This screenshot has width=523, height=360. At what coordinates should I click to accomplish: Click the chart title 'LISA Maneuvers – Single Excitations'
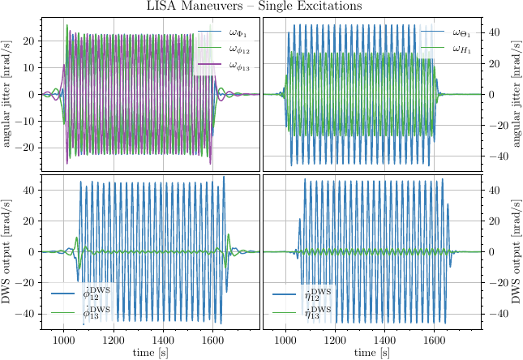pyautogui.click(x=261, y=7)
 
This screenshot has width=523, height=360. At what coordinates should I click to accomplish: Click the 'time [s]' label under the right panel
pyautogui.click(x=371, y=353)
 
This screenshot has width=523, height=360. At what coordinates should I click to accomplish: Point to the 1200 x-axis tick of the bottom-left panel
pyautogui.click(x=114, y=341)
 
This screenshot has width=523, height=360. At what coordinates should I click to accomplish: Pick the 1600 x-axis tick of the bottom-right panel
pyautogui.click(x=434, y=341)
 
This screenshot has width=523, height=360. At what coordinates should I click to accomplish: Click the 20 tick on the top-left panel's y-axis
pyautogui.click(x=31, y=41)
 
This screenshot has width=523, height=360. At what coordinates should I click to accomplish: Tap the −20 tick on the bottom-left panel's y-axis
pyautogui.click(x=28, y=283)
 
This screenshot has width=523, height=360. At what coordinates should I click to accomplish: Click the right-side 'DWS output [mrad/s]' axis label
pyautogui.click(x=515, y=251)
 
